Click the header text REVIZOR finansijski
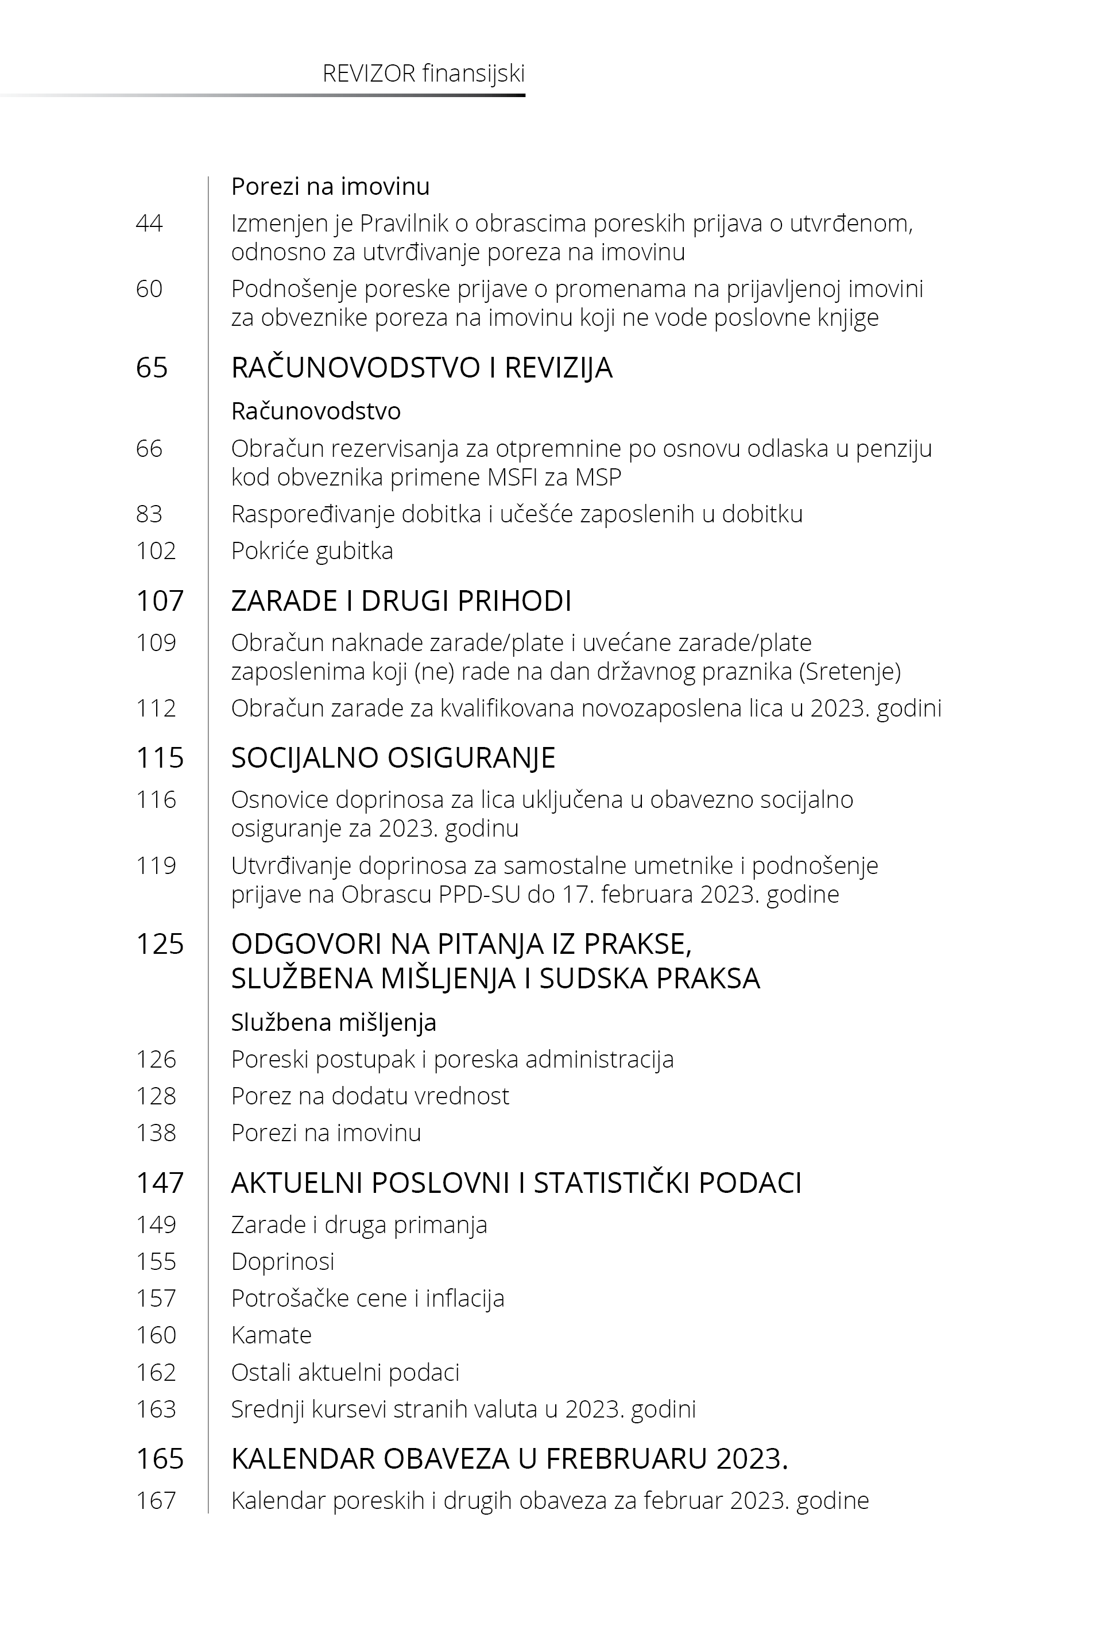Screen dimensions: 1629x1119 click(x=424, y=74)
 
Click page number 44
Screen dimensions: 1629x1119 click(x=149, y=224)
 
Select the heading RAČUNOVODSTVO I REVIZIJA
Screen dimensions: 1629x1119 click(x=421, y=368)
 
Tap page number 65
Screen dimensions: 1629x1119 click(x=152, y=368)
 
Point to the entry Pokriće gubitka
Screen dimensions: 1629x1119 click(x=312, y=550)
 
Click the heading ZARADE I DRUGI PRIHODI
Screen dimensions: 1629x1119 click(x=401, y=601)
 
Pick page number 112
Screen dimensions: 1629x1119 click(x=156, y=708)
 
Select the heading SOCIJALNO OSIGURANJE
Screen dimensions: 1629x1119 click(x=393, y=758)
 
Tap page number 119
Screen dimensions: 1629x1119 click(x=156, y=866)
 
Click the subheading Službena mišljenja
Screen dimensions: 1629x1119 click(x=334, y=1023)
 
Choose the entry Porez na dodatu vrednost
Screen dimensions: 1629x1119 click(x=370, y=1096)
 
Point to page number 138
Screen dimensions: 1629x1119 click(x=156, y=1133)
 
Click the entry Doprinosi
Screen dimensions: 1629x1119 click(x=282, y=1261)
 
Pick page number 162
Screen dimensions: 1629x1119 click(x=156, y=1372)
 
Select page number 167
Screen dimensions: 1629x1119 click(x=156, y=1501)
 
